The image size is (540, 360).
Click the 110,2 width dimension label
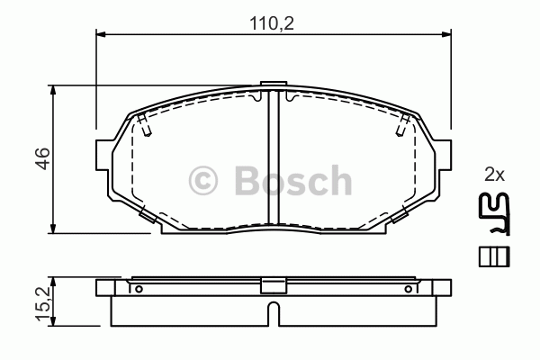click(272, 23)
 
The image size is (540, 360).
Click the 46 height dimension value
click(43, 158)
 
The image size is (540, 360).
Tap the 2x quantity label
click(494, 175)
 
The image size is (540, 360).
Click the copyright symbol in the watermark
click(203, 181)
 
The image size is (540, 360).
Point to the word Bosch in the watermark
click(293, 180)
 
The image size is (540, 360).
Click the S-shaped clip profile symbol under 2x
click(494, 213)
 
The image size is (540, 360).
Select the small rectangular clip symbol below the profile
click(494, 256)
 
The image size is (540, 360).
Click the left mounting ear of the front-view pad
click(103, 155)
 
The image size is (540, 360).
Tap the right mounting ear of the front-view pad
click(443, 155)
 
